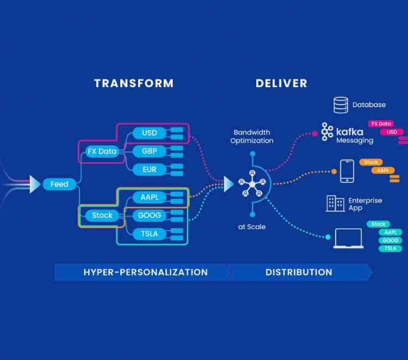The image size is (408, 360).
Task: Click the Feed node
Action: coord(59,184)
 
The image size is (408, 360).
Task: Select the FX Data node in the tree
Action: coord(102,151)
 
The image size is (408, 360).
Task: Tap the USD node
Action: coord(149,133)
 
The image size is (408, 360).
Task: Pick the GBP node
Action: coord(149,151)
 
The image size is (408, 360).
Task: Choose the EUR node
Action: coord(149,169)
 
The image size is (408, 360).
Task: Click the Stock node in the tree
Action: coord(102,215)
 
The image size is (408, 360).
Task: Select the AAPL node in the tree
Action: coord(149,197)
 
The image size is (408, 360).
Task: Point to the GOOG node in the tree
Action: coord(149,215)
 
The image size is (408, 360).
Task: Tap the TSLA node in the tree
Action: coord(149,234)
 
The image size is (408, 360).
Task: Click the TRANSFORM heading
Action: coord(134,83)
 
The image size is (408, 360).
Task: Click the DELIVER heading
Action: coord(281,83)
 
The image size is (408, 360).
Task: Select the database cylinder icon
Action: coord(341,105)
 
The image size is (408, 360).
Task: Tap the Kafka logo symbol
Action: coord(327,132)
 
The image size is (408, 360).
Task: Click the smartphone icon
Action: coord(347,171)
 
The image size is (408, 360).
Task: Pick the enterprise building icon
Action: coord(335,203)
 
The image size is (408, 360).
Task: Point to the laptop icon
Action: coord(348,239)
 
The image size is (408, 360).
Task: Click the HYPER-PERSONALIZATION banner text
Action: coord(145,272)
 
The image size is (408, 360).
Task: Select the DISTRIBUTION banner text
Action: coord(299,272)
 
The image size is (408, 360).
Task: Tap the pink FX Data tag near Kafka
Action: coord(381,124)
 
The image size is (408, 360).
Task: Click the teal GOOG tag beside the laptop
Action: coord(390,240)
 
